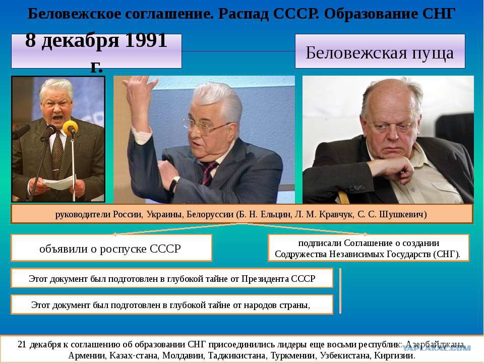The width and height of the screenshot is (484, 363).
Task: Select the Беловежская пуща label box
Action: click(x=380, y=51)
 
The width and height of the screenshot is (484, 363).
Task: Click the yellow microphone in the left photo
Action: click(x=70, y=127)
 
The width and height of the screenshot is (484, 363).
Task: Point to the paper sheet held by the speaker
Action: click(x=60, y=183)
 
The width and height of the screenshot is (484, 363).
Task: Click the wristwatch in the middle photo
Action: click(x=174, y=184)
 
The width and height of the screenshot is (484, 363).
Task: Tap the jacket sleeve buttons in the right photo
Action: click(x=356, y=188)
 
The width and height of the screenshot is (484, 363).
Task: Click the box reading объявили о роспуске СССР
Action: click(x=111, y=248)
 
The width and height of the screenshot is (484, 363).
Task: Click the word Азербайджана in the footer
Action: click(x=435, y=344)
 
